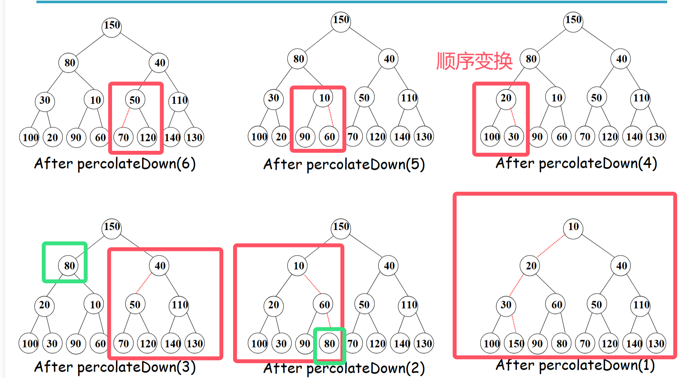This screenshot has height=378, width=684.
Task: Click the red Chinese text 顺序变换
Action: click(474, 61)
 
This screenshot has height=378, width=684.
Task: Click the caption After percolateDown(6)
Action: click(115, 164)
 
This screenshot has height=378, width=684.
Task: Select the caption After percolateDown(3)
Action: click(115, 367)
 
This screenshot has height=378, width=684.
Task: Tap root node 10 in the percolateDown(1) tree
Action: click(573, 227)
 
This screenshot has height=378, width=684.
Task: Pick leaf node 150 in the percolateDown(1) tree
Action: click(516, 344)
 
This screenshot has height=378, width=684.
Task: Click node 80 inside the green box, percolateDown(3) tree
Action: click(69, 266)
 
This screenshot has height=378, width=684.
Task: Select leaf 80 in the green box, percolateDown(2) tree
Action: click(329, 344)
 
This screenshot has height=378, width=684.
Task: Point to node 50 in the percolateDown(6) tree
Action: click(135, 100)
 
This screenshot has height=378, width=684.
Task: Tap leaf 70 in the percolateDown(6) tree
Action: click(123, 138)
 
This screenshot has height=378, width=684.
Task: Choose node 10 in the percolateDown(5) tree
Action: click(324, 98)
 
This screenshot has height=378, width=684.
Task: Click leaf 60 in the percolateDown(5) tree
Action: click(329, 137)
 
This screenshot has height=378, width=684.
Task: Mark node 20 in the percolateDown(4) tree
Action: click(506, 98)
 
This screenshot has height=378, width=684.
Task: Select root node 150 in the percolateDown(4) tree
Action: click(573, 20)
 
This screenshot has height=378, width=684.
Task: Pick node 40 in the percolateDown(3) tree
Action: click(160, 266)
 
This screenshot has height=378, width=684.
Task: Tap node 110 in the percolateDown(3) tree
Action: click(179, 305)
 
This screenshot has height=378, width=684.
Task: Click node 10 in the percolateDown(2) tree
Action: click(298, 266)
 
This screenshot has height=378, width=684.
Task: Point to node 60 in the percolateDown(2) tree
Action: click(324, 305)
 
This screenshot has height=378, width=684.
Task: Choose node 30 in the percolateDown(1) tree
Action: click(506, 305)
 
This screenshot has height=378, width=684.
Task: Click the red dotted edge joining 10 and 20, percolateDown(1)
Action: click(551, 246)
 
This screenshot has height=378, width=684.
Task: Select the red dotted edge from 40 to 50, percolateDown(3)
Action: click(144, 284)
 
